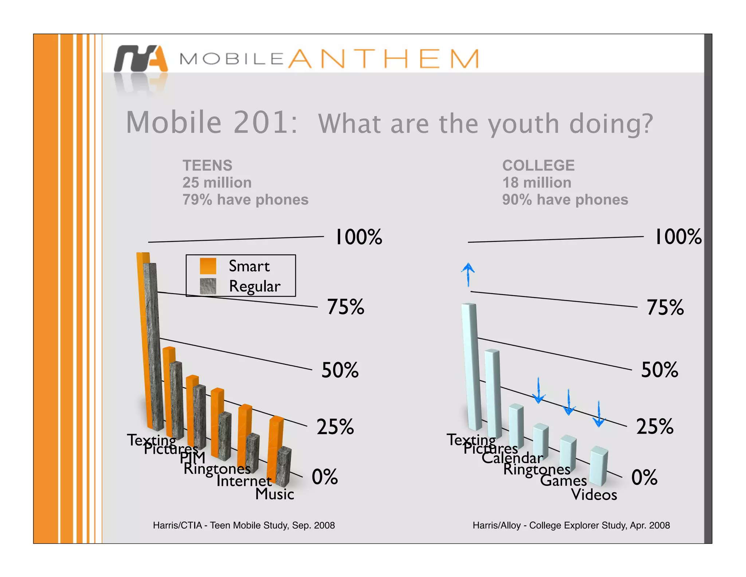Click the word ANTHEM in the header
tap(383, 59)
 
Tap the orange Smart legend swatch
tap(208, 266)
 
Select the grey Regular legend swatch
tap(208, 286)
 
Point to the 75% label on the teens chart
tap(345, 307)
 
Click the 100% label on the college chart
tap(678, 237)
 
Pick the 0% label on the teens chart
tap(325, 477)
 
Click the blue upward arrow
tap(468, 274)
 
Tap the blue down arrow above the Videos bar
tap(598, 414)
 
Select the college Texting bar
tap(472, 365)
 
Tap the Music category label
tap(275, 494)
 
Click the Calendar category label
tap(512, 458)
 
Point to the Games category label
tap(563, 480)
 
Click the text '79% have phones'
tap(245, 200)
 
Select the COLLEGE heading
tap(538, 166)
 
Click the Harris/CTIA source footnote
tap(244, 525)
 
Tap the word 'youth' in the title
tap(523, 124)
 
